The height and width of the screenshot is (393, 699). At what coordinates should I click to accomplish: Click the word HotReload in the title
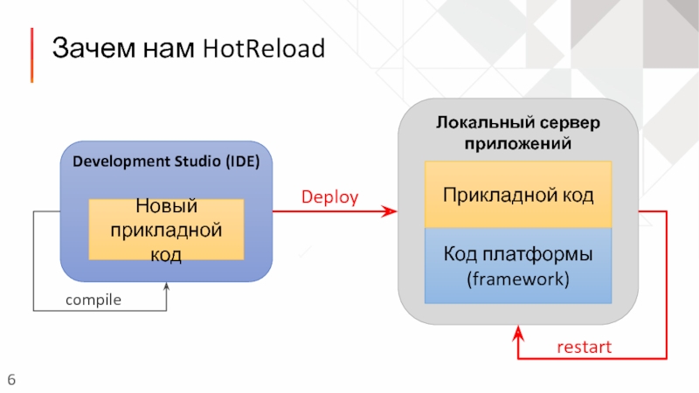point(264,48)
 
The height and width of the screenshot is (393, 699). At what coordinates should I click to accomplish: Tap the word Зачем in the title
point(93,48)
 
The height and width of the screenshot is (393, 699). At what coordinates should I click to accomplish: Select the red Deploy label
point(330,197)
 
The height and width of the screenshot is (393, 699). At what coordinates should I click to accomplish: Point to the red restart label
point(584,347)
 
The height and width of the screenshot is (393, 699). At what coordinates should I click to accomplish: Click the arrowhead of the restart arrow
point(518,333)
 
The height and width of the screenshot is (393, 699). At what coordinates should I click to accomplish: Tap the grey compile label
point(93,300)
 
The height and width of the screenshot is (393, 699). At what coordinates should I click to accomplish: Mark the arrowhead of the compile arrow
point(166,286)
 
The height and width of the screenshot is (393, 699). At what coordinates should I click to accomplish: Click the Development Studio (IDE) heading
point(166,162)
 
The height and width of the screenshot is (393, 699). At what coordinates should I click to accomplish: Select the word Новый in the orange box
point(166,206)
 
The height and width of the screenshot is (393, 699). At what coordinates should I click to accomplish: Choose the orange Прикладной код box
point(518,195)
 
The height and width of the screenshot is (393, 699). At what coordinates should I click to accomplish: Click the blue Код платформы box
point(518,265)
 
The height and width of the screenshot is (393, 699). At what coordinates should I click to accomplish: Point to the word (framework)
point(518,279)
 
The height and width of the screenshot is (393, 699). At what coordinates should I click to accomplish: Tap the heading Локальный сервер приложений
point(518,133)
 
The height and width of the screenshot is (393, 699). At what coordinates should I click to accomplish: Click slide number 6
point(11,380)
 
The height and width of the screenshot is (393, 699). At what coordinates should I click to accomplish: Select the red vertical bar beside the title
point(31,55)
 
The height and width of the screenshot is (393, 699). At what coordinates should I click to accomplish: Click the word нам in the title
point(169,49)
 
